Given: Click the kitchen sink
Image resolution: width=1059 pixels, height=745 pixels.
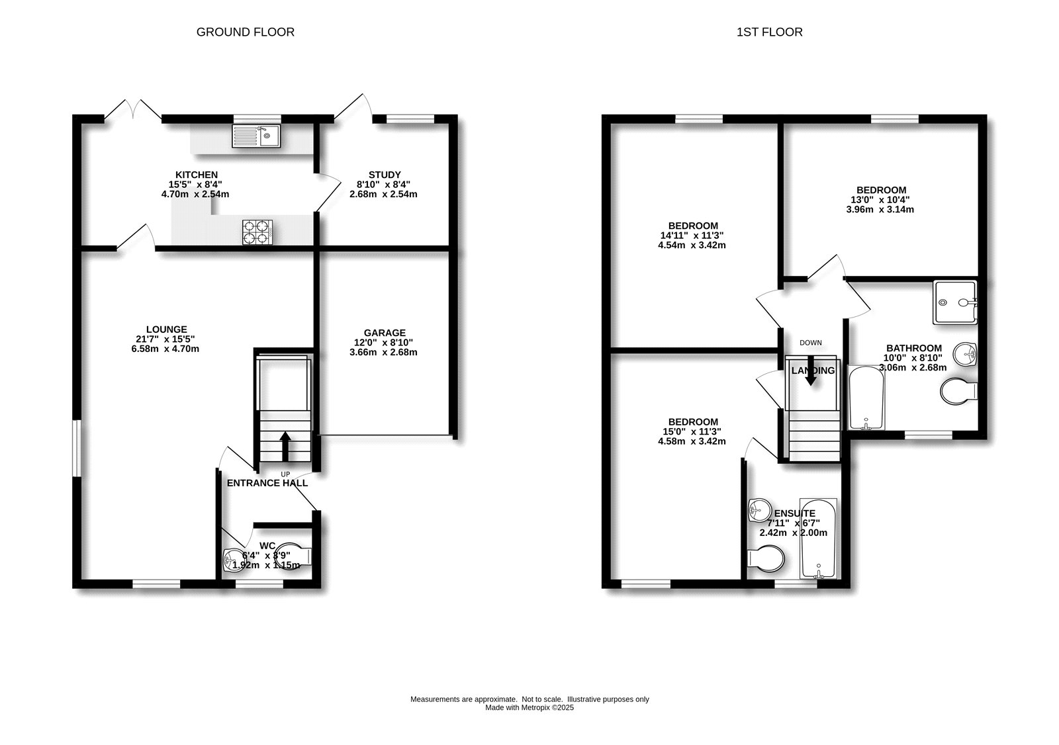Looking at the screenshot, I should click(x=256, y=137).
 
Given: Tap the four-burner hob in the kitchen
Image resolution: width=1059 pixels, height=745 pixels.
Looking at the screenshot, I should click(x=257, y=231).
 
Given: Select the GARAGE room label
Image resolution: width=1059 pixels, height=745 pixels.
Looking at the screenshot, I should click(x=384, y=333).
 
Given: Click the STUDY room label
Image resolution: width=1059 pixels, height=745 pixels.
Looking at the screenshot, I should click(x=385, y=175).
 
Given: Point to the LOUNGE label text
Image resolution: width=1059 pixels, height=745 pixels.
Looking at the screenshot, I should click(x=167, y=329).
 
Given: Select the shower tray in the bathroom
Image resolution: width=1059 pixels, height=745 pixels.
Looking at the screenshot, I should click(x=954, y=302).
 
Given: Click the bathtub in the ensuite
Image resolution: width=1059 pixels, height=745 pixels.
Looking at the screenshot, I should click(x=818, y=539).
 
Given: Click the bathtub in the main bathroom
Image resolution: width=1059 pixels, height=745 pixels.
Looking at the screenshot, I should click(x=866, y=398).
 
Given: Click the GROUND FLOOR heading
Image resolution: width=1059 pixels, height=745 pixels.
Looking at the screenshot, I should click(x=245, y=32).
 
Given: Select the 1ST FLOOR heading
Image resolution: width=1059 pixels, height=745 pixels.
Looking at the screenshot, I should click(x=769, y=32).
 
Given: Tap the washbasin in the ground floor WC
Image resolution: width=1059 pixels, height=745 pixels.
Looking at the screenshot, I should click(x=233, y=560).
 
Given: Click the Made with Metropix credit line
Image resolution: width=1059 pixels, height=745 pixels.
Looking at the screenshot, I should click(x=529, y=707).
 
